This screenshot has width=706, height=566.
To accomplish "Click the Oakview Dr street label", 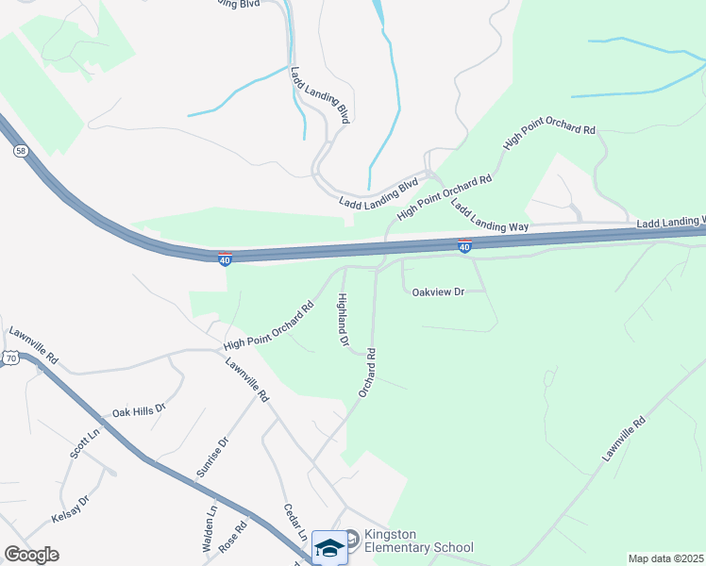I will (x=439, y=292).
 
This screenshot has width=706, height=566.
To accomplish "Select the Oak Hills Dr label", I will (x=139, y=411).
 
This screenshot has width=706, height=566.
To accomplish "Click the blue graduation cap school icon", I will (x=329, y=547).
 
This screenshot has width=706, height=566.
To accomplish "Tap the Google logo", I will (x=31, y=555).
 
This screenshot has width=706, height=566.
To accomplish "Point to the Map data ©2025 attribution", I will (x=665, y=558).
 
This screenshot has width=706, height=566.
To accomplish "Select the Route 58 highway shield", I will (x=20, y=151).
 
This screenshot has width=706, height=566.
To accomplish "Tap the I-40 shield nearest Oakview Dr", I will (x=464, y=246).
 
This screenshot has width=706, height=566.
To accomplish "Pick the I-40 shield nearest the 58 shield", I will (x=225, y=258).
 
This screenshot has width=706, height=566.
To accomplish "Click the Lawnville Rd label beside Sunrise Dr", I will (x=247, y=380).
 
